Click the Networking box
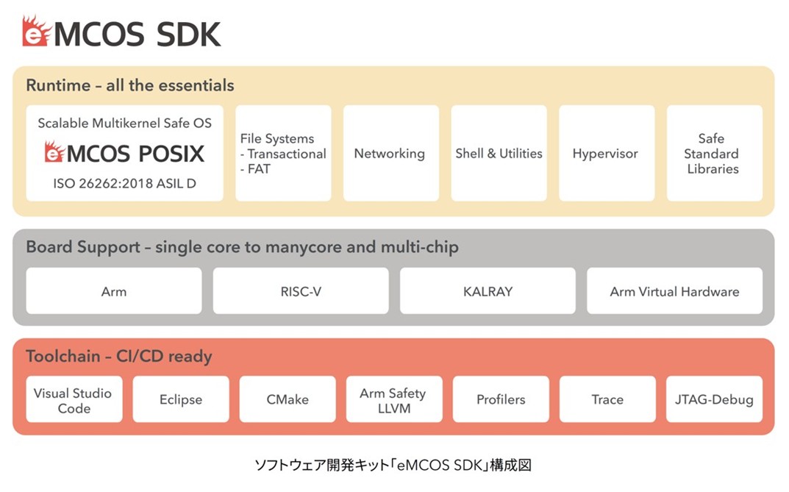(x=391, y=153)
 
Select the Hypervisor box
(x=607, y=153)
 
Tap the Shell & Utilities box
(x=499, y=153)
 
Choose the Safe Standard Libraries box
(x=715, y=153)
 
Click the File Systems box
(x=283, y=153)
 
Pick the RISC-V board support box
(x=301, y=290)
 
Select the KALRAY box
(x=488, y=290)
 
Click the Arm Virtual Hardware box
(x=675, y=290)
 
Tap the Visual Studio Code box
(x=74, y=399)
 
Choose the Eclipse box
(x=181, y=399)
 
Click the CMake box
(x=288, y=399)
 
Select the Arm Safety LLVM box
(x=394, y=399)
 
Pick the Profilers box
(x=501, y=399)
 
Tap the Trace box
(x=607, y=399)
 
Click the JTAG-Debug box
(x=714, y=399)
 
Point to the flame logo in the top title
(x=36, y=31)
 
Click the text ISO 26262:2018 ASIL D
(x=124, y=184)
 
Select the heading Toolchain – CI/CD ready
(x=118, y=356)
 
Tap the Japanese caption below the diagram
(x=393, y=465)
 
